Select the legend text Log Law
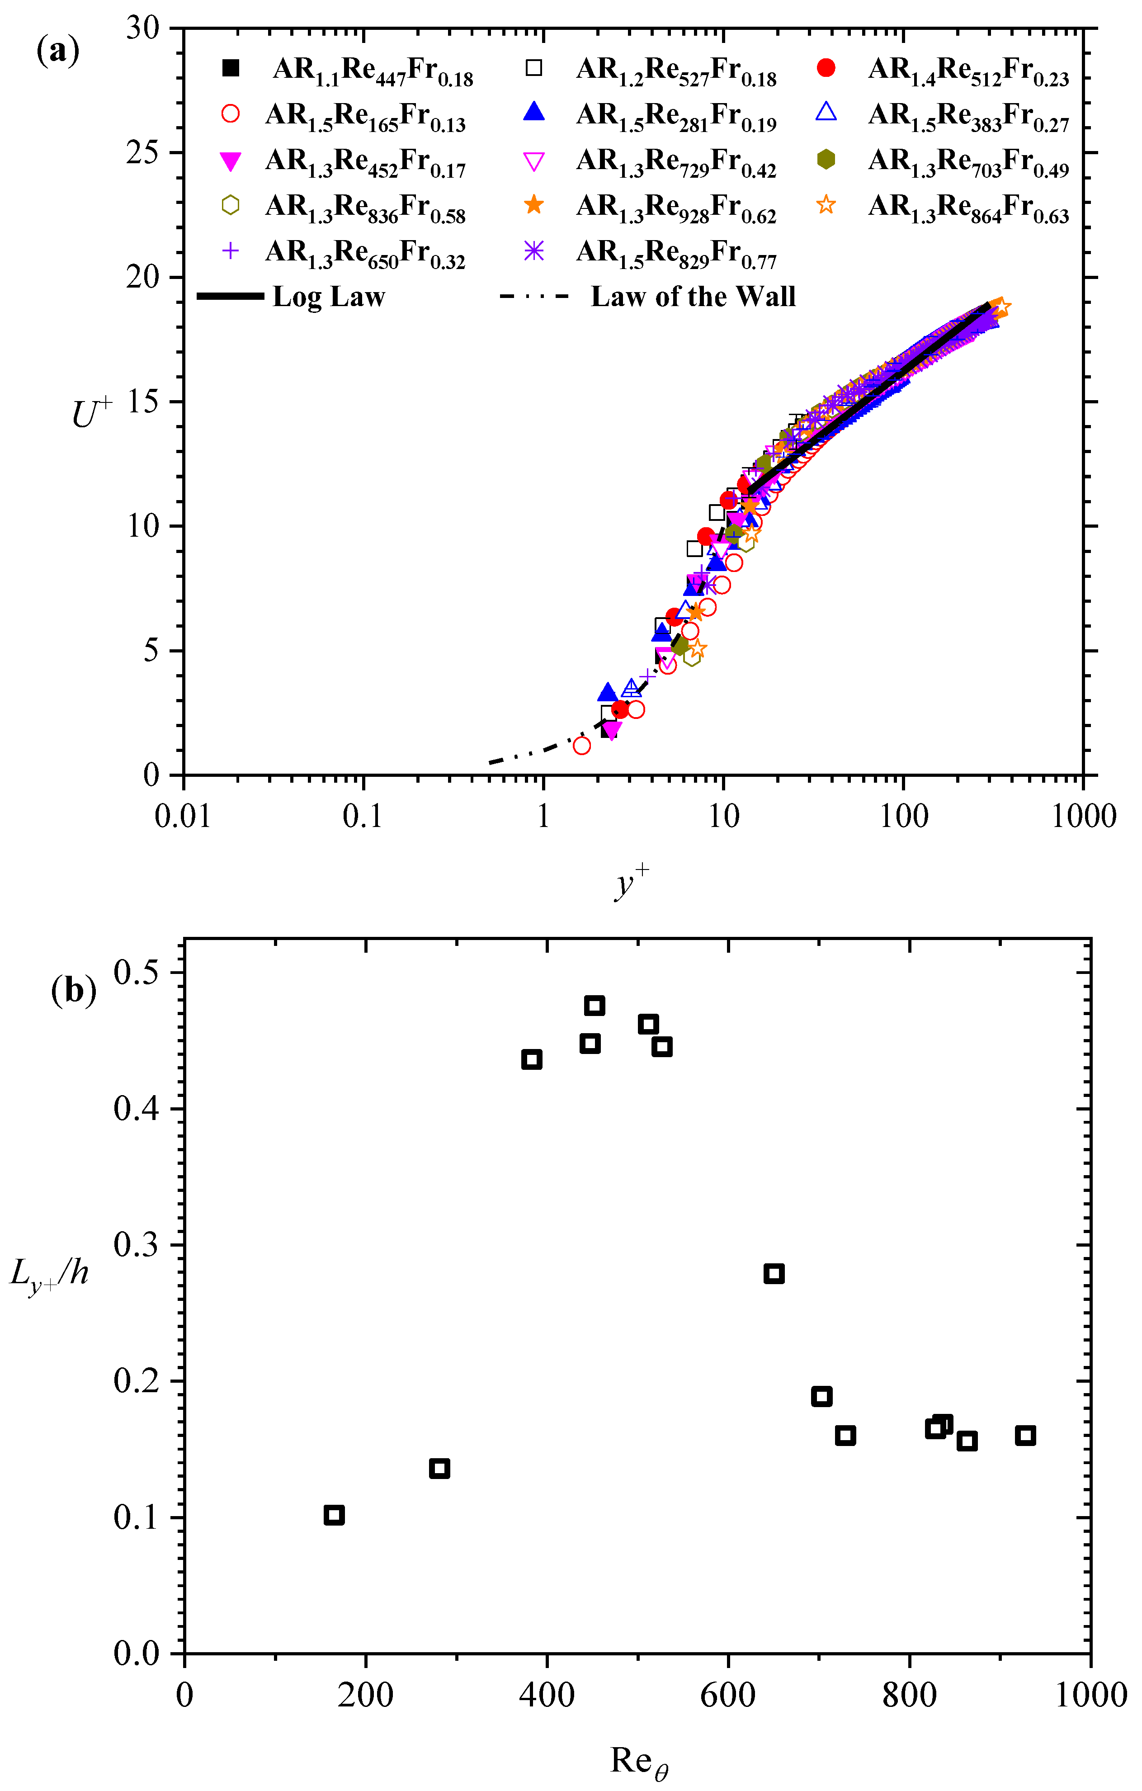tap(329, 297)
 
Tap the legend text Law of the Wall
tap(693, 297)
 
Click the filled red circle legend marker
tap(825, 68)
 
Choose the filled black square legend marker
tap(231, 68)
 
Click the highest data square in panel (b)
tap(594, 1006)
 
